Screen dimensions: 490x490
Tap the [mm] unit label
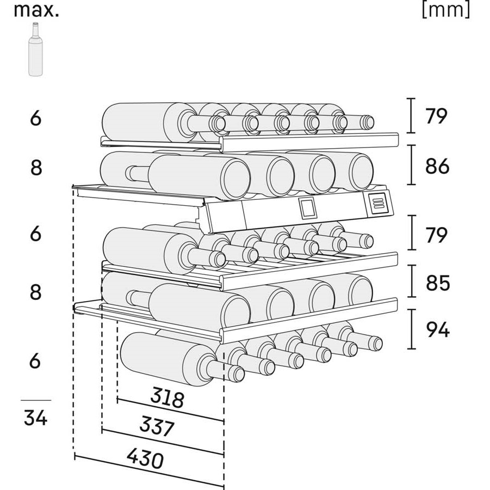click(x=446, y=9)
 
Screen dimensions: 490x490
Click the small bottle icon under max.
click(x=35, y=49)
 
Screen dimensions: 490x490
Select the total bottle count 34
click(x=36, y=418)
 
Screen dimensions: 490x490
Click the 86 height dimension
click(x=437, y=166)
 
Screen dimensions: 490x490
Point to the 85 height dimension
click(x=437, y=283)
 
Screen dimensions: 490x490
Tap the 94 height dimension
click(x=438, y=329)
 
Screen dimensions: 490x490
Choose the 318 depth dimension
click(x=167, y=397)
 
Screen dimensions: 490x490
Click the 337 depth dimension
click(x=157, y=426)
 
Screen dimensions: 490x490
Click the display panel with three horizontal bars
click(x=379, y=203)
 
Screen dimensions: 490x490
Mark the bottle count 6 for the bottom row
click(x=35, y=360)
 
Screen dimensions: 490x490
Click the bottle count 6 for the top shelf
click(x=36, y=118)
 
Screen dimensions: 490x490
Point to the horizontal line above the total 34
click(x=36, y=400)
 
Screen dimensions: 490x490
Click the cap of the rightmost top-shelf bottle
click(x=367, y=122)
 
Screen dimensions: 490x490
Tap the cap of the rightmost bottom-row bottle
click(x=375, y=343)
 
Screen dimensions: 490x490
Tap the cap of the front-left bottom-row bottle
click(x=236, y=373)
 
